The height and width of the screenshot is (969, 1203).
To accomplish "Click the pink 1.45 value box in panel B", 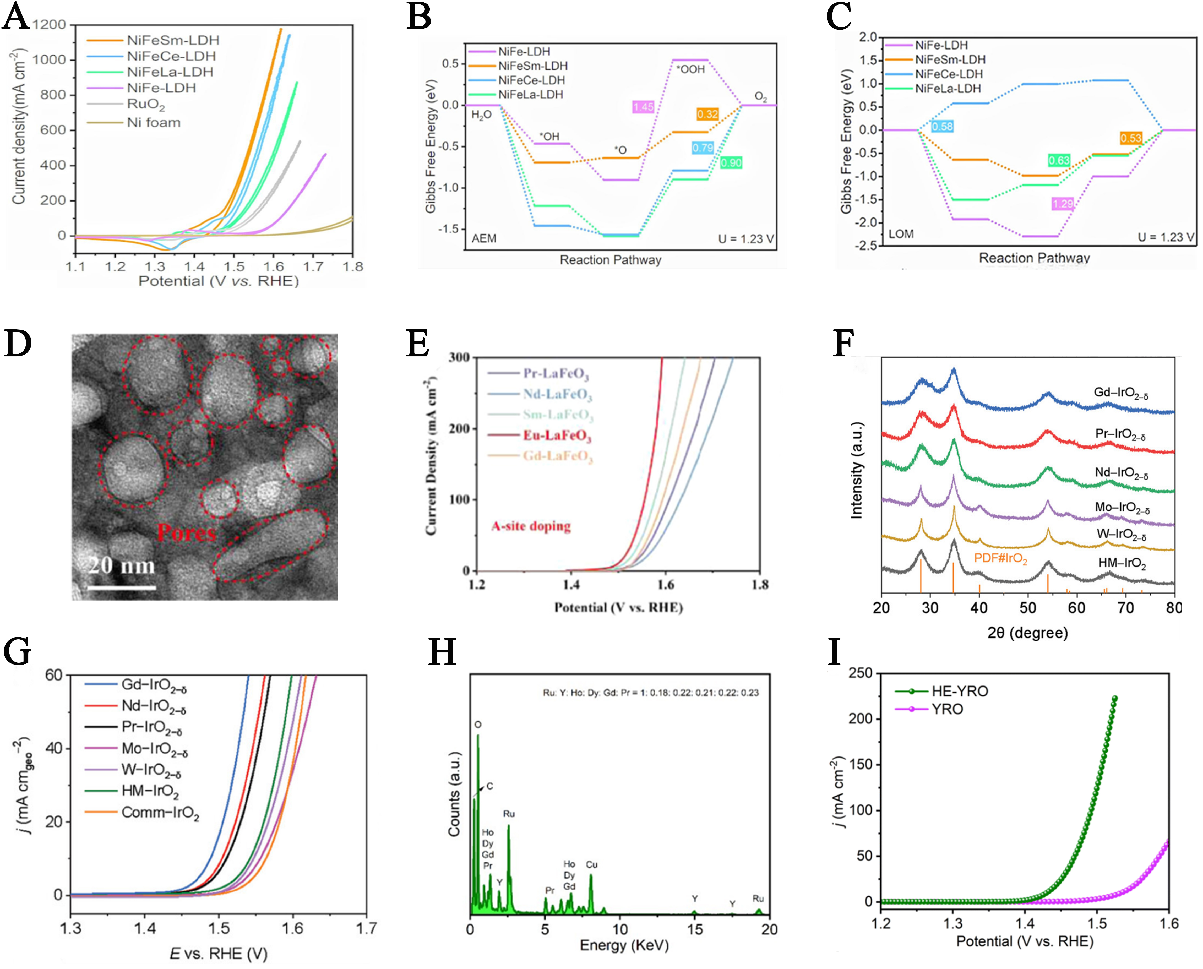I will [643, 107].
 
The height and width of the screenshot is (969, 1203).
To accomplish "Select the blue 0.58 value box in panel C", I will [942, 127].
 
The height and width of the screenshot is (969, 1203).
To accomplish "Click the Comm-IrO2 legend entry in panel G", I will [160, 813].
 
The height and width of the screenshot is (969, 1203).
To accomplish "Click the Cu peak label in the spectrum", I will [592, 865].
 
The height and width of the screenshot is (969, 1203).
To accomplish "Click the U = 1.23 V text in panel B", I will [746, 239].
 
